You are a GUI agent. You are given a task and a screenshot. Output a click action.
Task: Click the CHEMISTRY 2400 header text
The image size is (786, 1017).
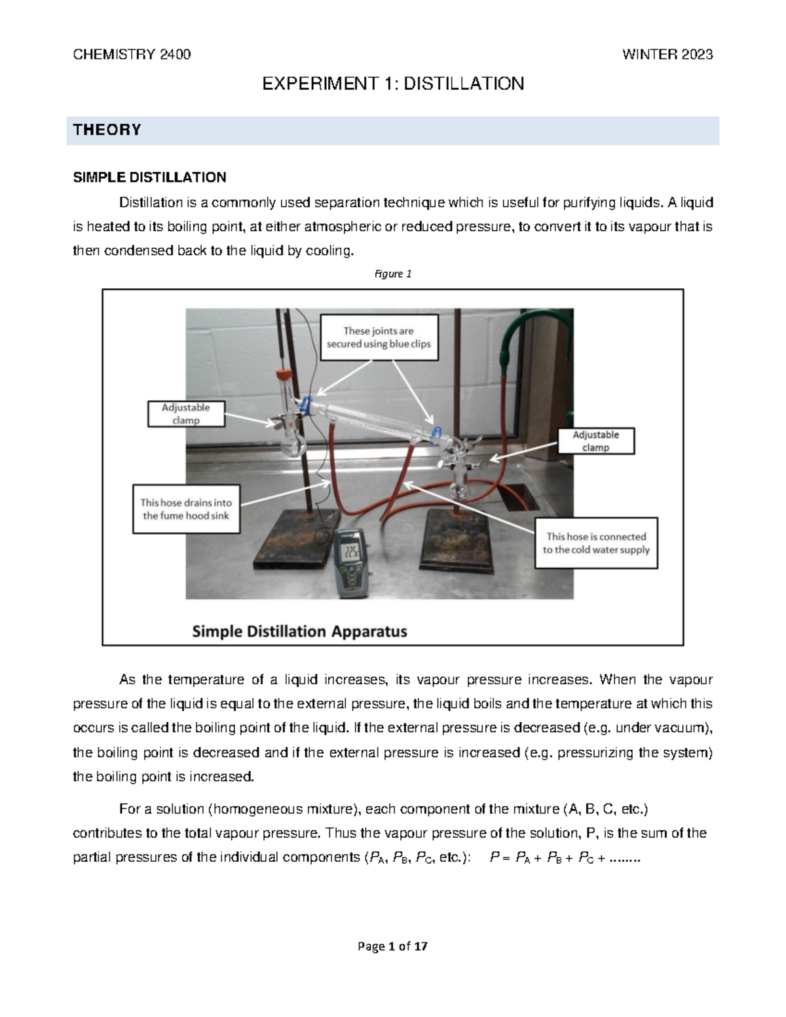pyautogui.click(x=132, y=54)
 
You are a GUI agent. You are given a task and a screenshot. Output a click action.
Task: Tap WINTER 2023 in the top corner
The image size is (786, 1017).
pyautogui.click(x=667, y=54)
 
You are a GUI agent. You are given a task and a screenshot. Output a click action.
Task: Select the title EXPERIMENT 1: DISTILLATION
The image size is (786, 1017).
pyautogui.click(x=393, y=84)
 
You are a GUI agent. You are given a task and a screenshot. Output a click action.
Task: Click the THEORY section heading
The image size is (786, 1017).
pyautogui.click(x=107, y=130)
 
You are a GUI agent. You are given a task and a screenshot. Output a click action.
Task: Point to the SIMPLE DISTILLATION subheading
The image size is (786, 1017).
pyautogui.click(x=149, y=177)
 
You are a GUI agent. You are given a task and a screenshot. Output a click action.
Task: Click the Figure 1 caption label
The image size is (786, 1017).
pyautogui.click(x=392, y=274)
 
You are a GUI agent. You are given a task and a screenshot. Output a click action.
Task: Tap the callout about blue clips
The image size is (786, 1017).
pyautogui.click(x=379, y=337)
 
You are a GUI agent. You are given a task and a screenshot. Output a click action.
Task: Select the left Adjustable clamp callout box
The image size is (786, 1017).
pyautogui.click(x=186, y=413)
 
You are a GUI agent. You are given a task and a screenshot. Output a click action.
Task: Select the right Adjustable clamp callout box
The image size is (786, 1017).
pyautogui.click(x=595, y=441)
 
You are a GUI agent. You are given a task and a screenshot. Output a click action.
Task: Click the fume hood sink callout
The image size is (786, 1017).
pyautogui.click(x=186, y=509)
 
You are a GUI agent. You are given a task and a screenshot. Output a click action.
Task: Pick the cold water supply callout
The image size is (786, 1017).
pyautogui.click(x=595, y=543)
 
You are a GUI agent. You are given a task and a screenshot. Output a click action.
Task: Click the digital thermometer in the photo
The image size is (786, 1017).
pyautogui.click(x=352, y=563)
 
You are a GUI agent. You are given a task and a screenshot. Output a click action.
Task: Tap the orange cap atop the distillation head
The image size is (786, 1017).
pyautogui.click(x=282, y=375)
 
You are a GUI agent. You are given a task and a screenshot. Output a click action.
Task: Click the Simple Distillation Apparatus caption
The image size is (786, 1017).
pyautogui.click(x=299, y=631)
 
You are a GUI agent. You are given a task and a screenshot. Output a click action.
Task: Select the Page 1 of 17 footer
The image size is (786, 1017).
pyautogui.click(x=392, y=946)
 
